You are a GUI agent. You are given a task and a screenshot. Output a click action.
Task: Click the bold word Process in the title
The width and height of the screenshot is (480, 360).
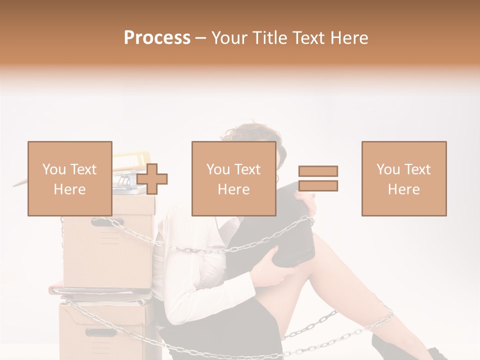coord(157,37)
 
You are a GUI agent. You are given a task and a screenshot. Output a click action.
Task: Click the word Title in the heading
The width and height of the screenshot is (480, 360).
coord(269,37)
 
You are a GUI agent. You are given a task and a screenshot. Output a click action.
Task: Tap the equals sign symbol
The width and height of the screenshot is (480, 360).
coord(318,178)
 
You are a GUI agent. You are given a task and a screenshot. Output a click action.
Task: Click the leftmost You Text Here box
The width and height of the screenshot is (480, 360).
coord(69,178)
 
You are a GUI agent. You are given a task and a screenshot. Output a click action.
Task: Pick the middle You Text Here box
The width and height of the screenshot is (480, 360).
coord(233,178)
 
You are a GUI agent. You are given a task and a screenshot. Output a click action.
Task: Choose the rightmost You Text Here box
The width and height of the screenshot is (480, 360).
coord(403,178)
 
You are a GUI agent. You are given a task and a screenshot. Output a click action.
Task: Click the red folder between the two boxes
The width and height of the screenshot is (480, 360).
coord(100,290)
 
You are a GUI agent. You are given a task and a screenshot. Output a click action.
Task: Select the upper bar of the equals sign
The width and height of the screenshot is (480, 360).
coord(318,171)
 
